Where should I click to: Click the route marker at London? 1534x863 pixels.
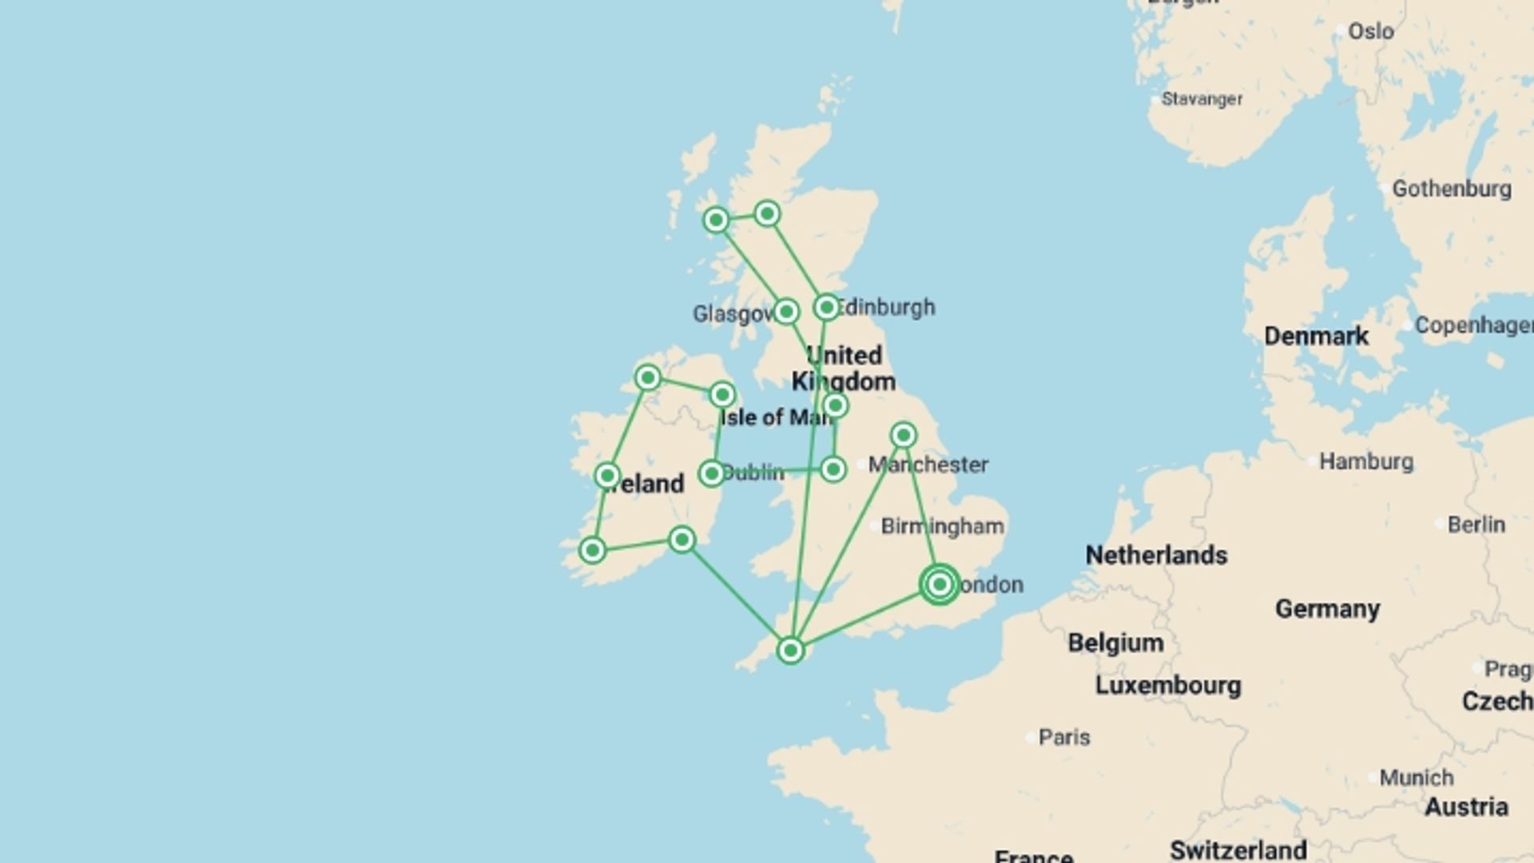[940, 584]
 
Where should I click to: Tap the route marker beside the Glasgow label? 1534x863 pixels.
[786, 311]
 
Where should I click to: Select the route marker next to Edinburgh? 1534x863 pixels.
[826, 307]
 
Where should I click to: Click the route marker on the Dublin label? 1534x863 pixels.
[711, 473]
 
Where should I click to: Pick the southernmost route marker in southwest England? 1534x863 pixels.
[790, 650]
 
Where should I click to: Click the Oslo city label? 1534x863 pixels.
[1370, 31]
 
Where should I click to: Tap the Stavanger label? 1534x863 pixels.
[1202, 99]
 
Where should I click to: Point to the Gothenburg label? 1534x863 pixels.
[1451, 189]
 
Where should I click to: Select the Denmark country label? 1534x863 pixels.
[1316, 336]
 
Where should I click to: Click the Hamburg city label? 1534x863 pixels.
[1365, 461]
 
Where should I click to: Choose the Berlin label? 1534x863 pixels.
[1476, 524]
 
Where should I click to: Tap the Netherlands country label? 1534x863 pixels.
[1156, 555]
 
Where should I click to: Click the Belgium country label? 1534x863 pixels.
[1115, 642]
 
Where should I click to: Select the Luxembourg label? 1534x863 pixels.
[1168, 686]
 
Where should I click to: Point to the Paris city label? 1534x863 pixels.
[1063, 737]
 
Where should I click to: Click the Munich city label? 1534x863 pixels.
[1416, 777]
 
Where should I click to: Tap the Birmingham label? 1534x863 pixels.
[942, 526]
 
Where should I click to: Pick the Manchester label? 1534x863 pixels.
[928, 464]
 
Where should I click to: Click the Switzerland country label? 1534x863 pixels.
[1238, 849]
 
